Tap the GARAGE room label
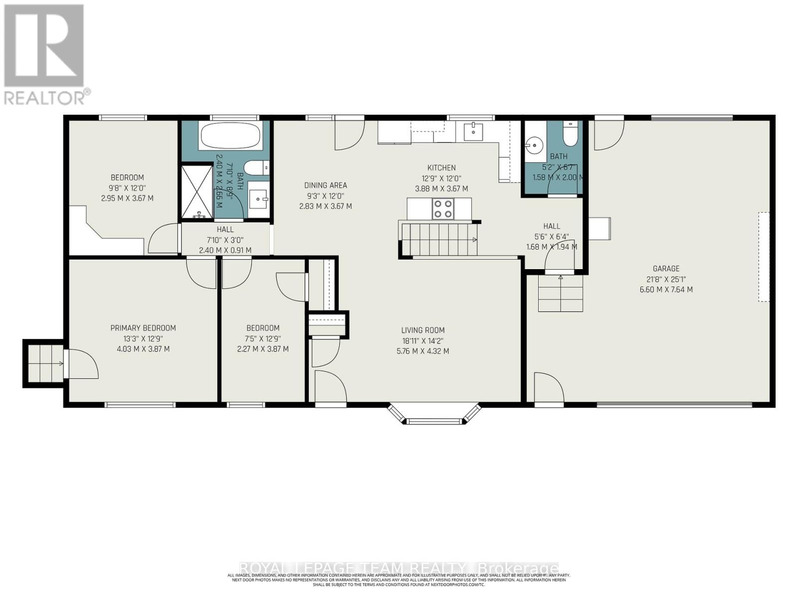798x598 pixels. (666, 269)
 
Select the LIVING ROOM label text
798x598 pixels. (422, 330)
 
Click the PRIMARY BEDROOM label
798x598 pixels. (143, 328)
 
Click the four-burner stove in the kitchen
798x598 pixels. (443, 209)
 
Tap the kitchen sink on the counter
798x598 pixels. (473, 132)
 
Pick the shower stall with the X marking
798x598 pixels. (197, 192)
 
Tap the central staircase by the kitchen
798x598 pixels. (439, 240)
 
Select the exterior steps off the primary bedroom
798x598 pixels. (44, 363)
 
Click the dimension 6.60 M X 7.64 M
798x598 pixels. (666, 290)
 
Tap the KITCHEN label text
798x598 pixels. (441, 168)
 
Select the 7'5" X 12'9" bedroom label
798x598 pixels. (263, 338)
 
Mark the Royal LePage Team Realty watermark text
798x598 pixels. (399, 569)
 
